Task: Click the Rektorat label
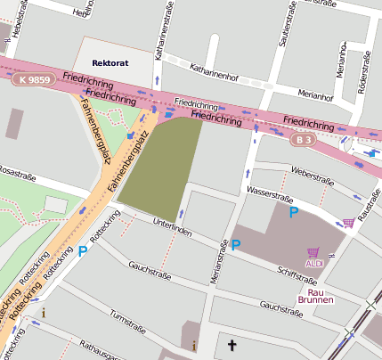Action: coord(111,63)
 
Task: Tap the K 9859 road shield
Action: coord(33,79)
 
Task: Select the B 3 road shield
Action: coord(305,140)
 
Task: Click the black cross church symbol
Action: coord(232,345)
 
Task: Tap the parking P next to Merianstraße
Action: coord(236,244)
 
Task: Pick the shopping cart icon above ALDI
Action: coord(313,252)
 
